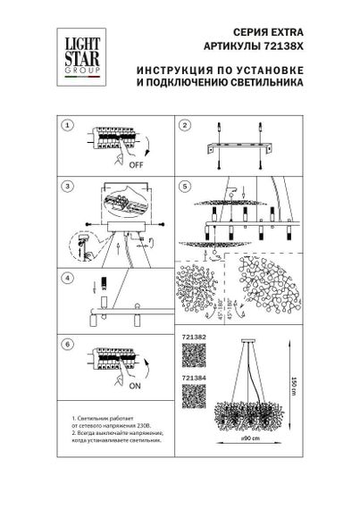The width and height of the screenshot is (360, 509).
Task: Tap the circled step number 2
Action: tap(183, 126)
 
